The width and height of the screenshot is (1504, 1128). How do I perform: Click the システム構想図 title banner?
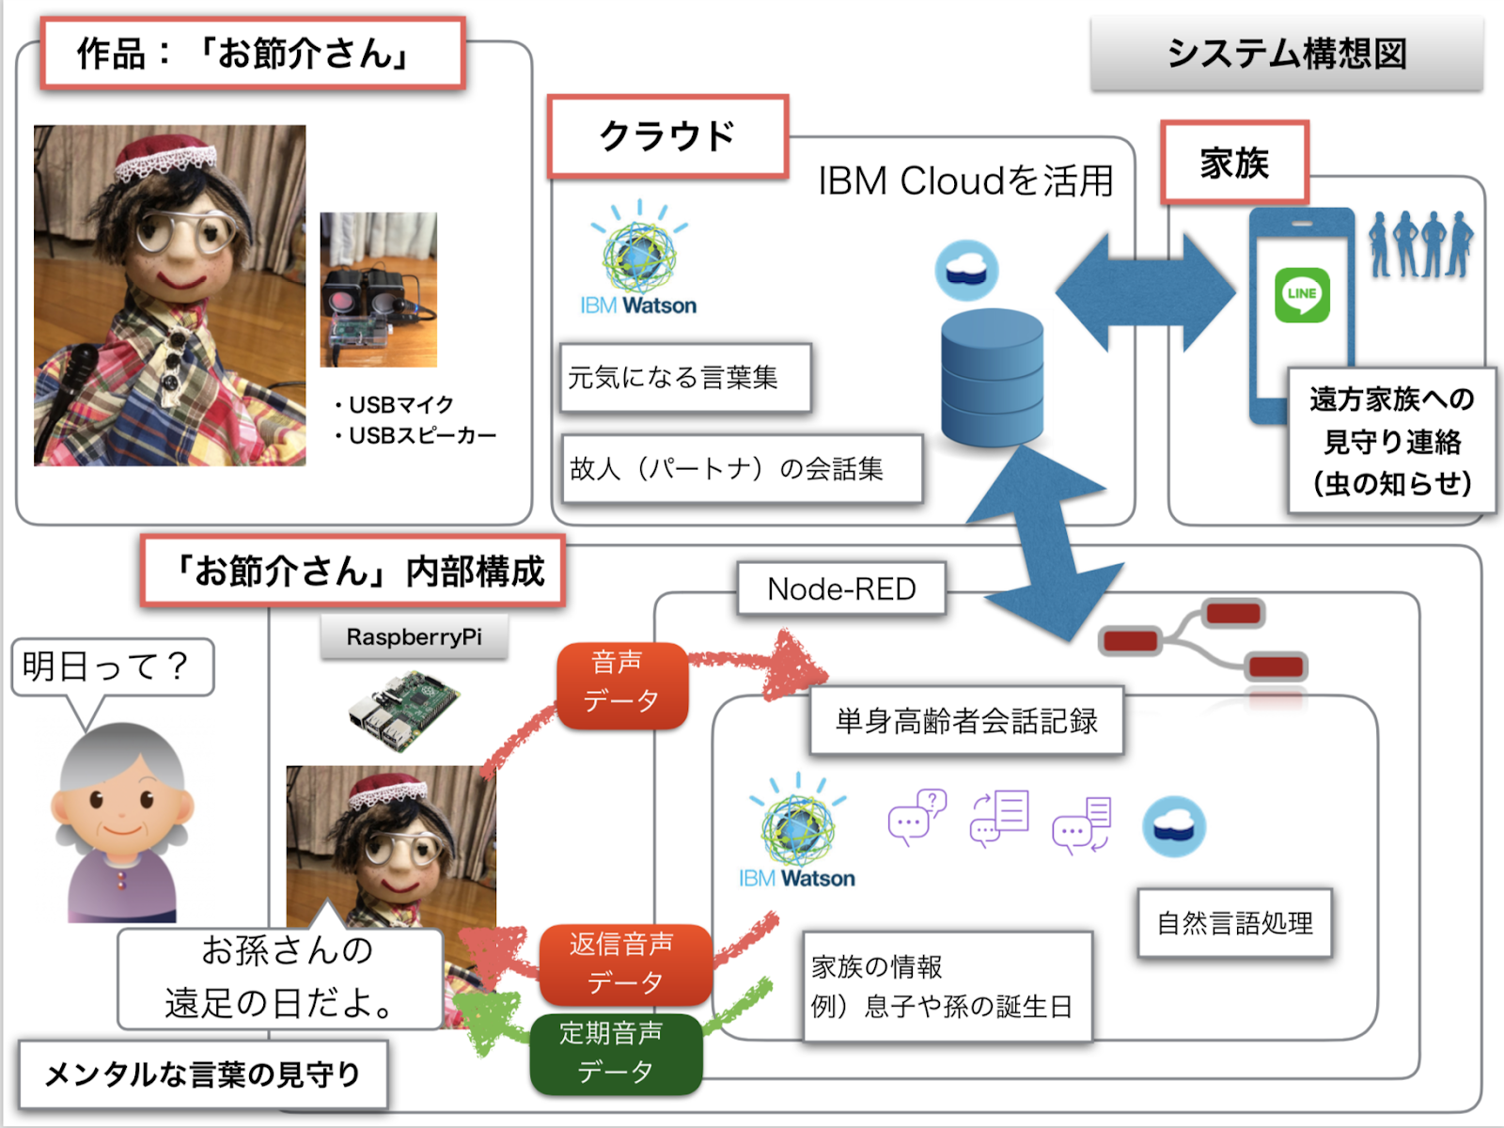1286,54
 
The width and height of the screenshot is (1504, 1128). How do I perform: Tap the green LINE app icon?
1302,294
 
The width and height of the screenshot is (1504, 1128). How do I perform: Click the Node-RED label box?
841,589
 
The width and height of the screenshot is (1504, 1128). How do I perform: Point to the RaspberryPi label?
414,637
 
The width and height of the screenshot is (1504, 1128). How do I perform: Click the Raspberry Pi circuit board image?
403,710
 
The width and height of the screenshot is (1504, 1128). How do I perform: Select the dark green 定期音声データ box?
616,1053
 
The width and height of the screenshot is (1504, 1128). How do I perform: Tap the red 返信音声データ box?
625,964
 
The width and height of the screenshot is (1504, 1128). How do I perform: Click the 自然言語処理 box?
1234,923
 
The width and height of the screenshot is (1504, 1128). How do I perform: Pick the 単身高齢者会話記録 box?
966,722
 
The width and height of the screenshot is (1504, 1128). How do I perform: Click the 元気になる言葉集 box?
684,378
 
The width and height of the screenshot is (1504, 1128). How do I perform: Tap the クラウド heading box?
667,136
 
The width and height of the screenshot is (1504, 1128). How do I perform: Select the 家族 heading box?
1234,163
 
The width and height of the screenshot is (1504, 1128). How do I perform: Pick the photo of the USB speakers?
378,290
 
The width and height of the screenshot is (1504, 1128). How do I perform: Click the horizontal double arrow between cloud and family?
1144,293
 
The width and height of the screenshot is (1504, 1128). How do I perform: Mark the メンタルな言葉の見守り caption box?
203,1073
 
